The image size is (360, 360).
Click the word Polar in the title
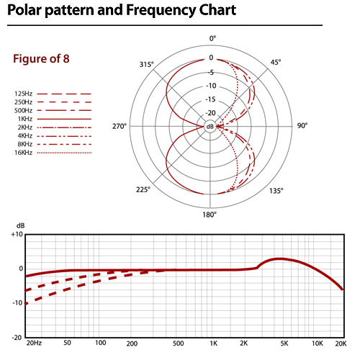click(x=24, y=10)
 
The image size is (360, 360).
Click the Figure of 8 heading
click(x=41, y=59)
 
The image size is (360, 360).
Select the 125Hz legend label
click(x=23, y=94)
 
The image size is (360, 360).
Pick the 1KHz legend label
click(x=25, y=119)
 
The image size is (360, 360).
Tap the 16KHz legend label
click(x=23, y=153)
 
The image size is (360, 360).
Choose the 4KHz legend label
click(x=25, y=136)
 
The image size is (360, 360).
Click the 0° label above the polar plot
click(x=212, y=38)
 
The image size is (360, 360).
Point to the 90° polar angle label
click(x=302, y=125)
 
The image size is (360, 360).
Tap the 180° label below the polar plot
click(x=210, y=215)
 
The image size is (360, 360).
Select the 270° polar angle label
click(x=120, y=126)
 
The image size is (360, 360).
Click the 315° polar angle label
click(x=146, y=64)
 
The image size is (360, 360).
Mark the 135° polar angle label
click(x=276, y=191)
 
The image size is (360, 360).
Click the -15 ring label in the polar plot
click(x=211, y=99)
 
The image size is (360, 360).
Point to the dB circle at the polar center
click(x=210, y=127)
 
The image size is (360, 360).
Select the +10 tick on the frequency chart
click(x=17, y=234)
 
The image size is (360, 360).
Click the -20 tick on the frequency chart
click(x=17, y=338)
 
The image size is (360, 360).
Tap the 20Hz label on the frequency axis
click(x=34, y=343)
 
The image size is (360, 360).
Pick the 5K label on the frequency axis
click(x=284, y=343)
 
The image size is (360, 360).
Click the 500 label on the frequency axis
click(x=178, y=343)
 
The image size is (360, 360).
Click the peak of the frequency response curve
click(x=280, y=258)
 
